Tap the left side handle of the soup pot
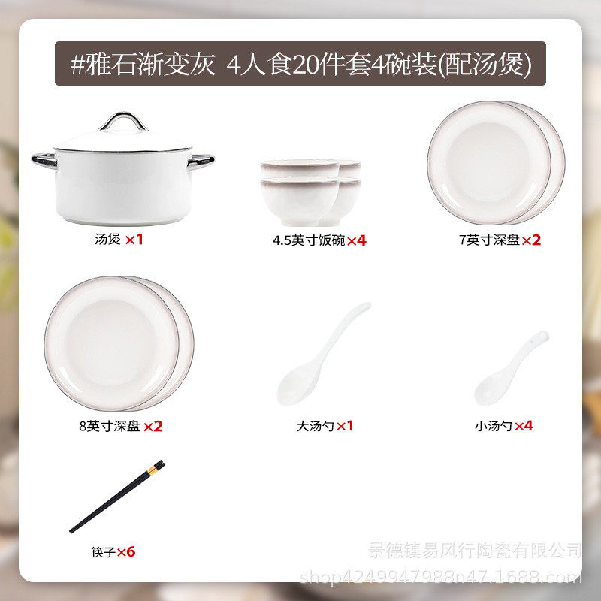tap(44, 159)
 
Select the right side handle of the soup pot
tap(202, 159)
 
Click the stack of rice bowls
tap(310, 191)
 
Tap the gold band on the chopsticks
tap(152, 471)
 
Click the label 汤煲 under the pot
tap(107, 240)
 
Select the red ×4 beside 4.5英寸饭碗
tap(356, 240)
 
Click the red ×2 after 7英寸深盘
tap(532, 240)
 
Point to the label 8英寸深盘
tap(109, 426)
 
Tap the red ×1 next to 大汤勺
tap(345, 426)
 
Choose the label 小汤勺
tap(494, 426)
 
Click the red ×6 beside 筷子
tap(126, 552)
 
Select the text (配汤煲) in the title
tap(485, 64)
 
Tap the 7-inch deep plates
tap(496, 162)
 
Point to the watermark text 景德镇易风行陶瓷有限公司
tap(475, 551)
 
